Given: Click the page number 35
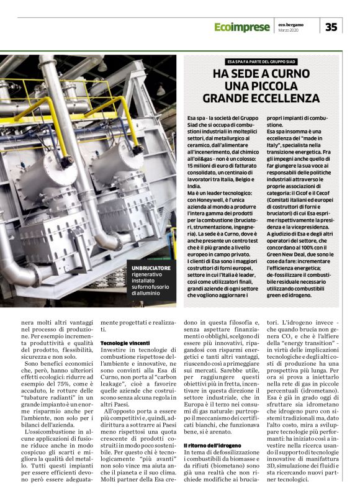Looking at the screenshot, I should [331, 27].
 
